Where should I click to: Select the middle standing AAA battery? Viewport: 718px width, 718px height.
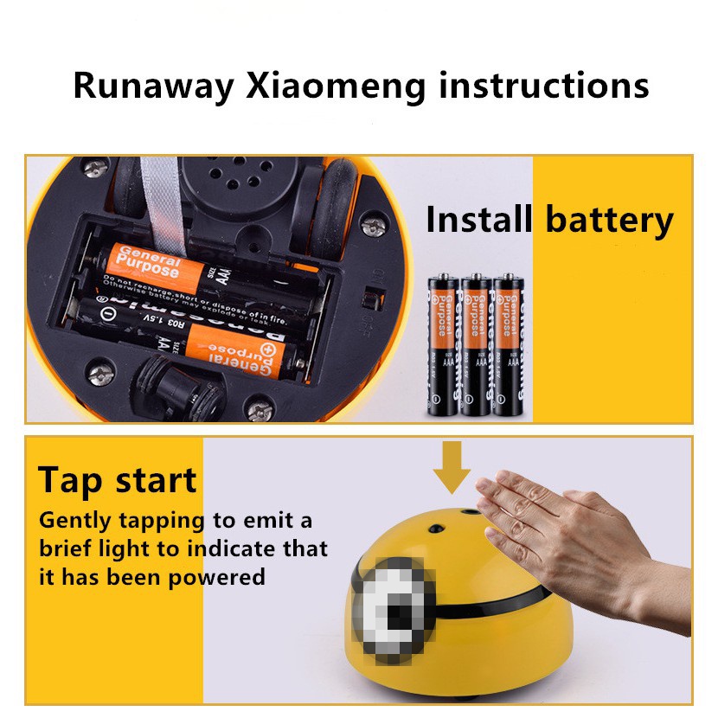tap(477, 346)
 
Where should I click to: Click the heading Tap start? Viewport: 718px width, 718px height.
tap(118, 480)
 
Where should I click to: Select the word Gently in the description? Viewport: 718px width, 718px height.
tap(75, 522)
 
